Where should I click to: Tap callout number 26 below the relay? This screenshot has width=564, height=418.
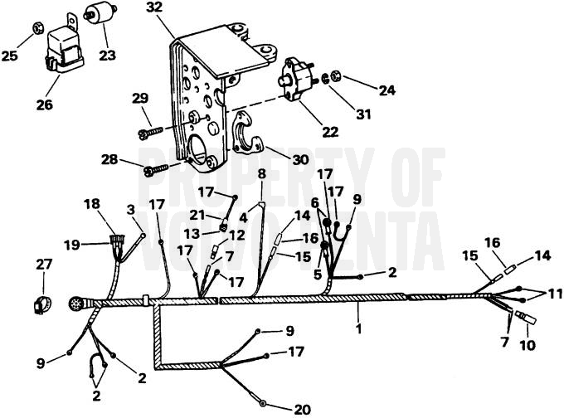(x=45, y=104)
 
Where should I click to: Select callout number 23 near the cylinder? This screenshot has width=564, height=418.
(x=108, y=57)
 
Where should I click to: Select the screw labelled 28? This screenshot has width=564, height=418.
(x=154, y=169)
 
